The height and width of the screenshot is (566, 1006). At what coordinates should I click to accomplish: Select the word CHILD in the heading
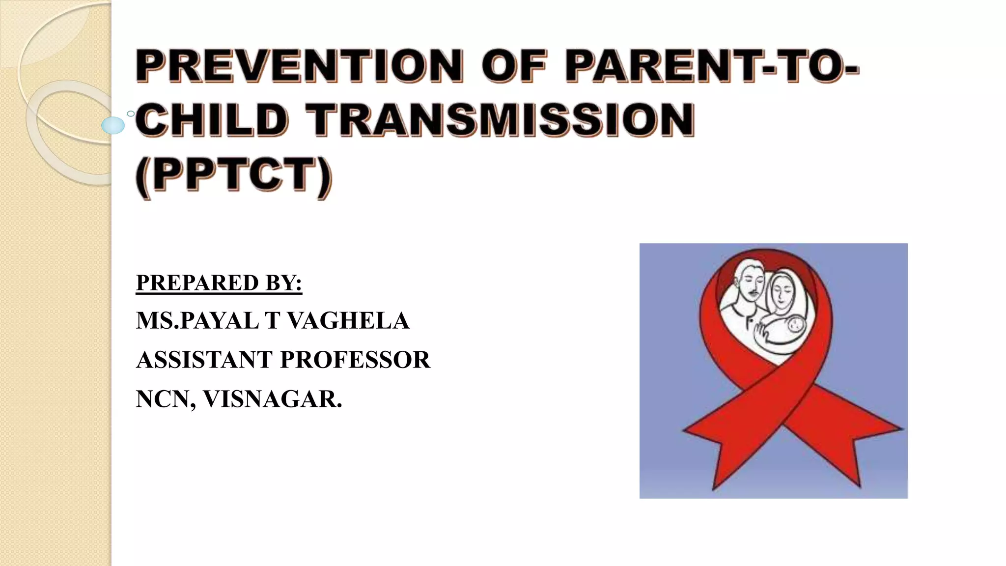211,120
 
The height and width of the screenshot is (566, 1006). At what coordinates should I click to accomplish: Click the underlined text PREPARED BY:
219,283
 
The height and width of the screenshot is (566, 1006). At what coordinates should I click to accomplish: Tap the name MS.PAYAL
197,321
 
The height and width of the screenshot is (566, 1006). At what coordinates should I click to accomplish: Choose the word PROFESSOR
355,360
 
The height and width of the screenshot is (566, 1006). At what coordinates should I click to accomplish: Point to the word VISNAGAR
273,399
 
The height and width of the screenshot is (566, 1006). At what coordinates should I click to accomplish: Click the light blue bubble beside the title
113,125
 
